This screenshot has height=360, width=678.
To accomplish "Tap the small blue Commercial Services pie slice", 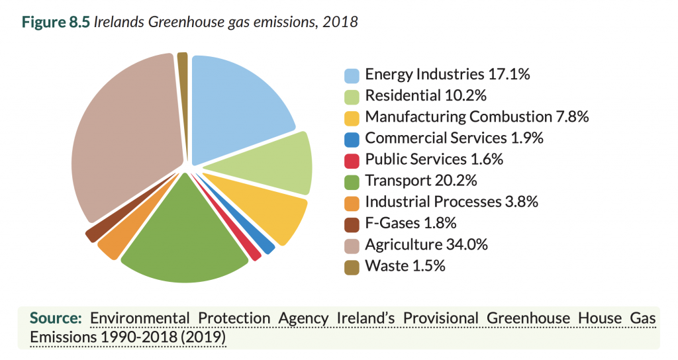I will point(265,244).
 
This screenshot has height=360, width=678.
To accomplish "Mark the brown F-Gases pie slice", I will point(95,232).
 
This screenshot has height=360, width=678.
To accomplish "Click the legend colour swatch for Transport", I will point(352,181).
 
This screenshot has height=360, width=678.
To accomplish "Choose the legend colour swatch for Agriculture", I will point(352,246).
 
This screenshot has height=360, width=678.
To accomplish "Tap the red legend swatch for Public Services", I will point(352,160).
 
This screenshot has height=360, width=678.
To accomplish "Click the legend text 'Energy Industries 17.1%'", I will point(447,74).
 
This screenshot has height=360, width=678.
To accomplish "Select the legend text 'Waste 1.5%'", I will point(405,266).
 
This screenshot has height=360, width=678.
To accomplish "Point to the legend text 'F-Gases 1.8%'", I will point(411,224).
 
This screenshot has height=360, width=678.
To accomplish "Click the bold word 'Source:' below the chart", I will point(56,318).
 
